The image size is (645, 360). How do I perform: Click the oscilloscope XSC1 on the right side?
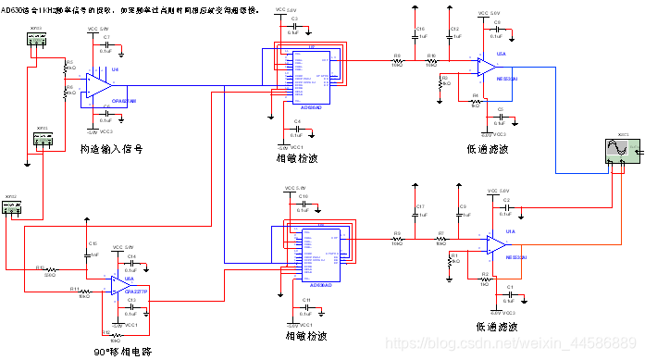(x=615, y=148)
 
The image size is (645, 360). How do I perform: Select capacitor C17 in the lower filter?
(x=419, y=211)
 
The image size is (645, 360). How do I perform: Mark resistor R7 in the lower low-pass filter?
(x=441, y=239)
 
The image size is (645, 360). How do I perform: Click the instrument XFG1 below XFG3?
(x=43, y=141)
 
